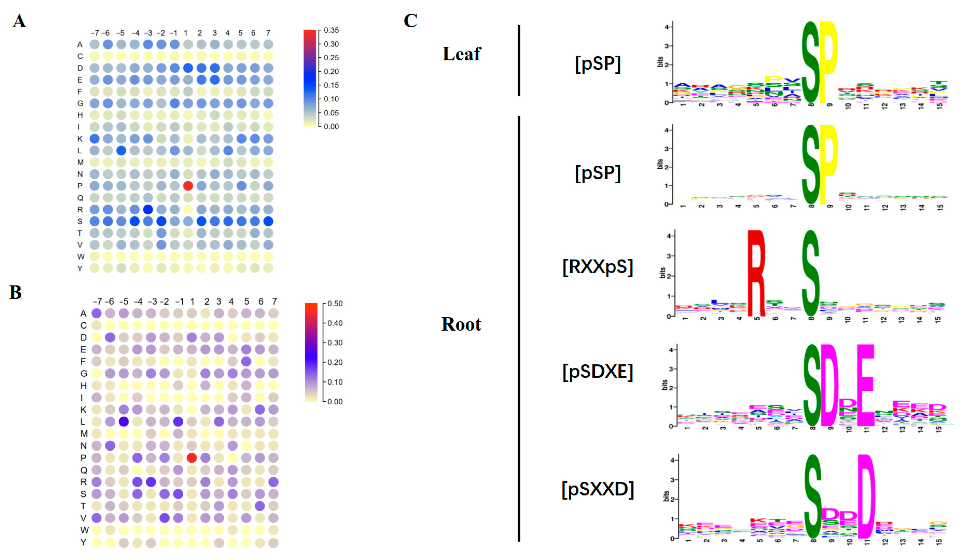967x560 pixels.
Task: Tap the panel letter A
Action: (19, 21)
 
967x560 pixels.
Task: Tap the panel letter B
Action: (16, 292)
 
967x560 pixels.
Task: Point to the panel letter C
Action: (410, 20)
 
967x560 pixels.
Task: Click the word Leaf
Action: (461, 54)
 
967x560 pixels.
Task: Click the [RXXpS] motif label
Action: (597, 267)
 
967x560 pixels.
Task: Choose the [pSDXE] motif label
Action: (597, 372)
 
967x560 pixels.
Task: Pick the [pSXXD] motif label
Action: (597, 489)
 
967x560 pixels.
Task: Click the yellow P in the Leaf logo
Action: (828, 62)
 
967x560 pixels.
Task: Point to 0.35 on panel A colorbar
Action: (331, 30)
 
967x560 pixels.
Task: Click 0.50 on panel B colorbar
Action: (335, 303)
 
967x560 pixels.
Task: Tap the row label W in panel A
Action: (81, 257)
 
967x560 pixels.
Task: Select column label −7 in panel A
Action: (94, 33)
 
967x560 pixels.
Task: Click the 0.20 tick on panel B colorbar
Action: (335, 362)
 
